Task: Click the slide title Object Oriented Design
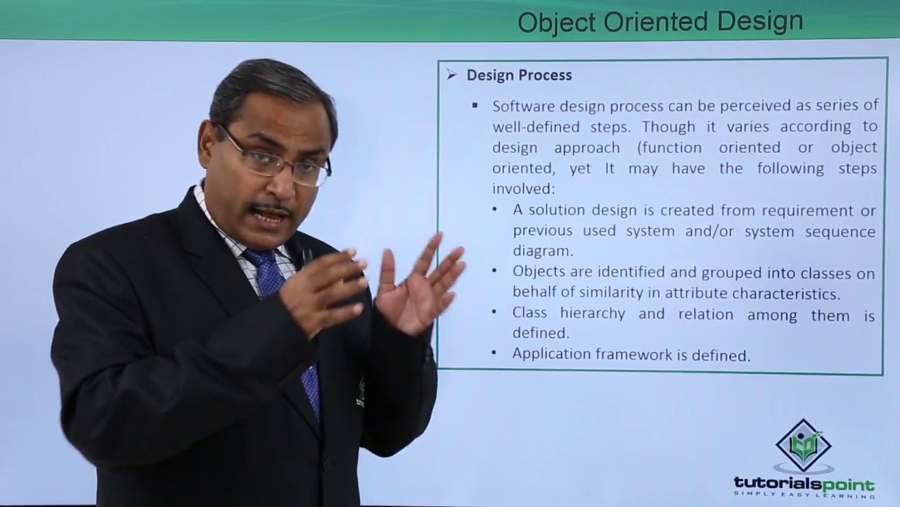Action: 660,22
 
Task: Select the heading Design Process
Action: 519,75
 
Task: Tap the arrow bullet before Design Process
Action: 451,75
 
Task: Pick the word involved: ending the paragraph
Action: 523,189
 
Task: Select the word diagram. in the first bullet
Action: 543,251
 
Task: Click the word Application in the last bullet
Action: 551,355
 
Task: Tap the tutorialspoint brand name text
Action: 804,484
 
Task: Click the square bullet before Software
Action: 475,106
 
